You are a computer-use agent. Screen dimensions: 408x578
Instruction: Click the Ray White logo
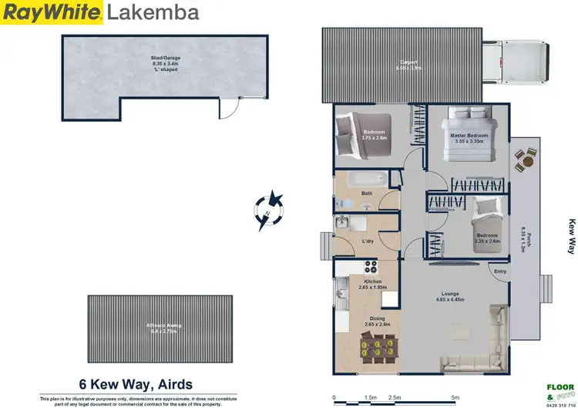(52, 12)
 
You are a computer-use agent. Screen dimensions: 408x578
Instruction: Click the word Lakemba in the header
(152, 12)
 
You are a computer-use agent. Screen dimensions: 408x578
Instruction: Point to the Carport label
(409, 65)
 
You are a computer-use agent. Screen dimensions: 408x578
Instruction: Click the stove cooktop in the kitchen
(371, 269)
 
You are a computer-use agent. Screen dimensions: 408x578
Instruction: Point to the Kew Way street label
(571, 236)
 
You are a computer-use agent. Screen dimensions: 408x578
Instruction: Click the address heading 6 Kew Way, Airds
(136, 384)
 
